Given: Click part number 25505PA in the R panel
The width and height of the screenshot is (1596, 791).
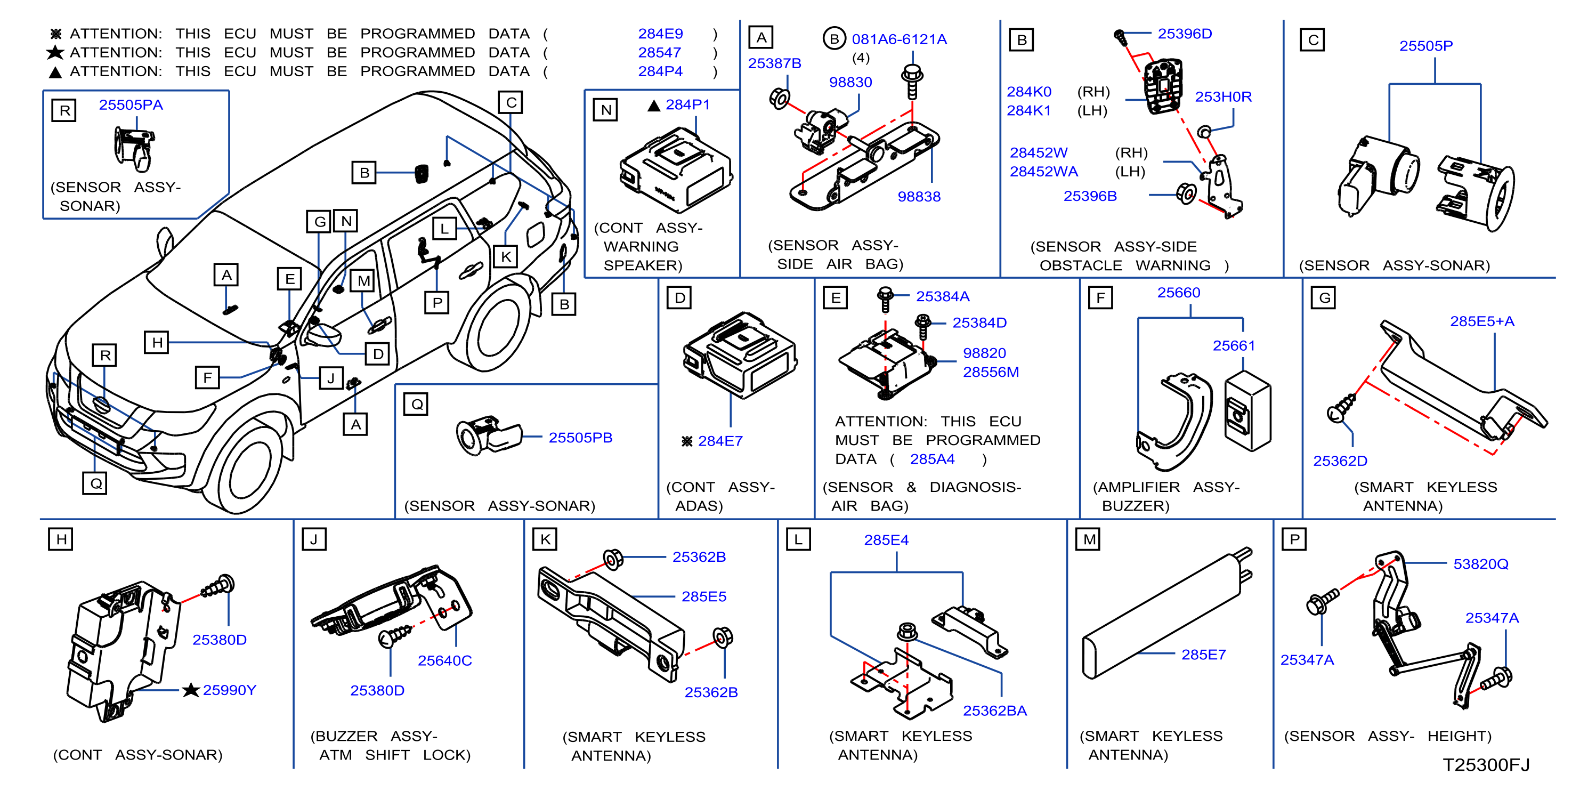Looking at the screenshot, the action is click(131, 105).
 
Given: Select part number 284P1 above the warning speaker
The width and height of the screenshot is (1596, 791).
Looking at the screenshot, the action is click(687, 105).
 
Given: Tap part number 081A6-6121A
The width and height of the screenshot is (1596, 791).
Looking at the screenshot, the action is click(899, 39).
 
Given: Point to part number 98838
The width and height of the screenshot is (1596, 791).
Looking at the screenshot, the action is click(919, 197).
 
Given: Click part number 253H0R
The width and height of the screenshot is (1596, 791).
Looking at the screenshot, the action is click(1223, 96).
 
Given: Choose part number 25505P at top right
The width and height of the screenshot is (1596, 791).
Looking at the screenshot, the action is click(1425, 46).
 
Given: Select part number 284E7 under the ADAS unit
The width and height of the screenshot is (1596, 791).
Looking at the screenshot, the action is click(720, 441).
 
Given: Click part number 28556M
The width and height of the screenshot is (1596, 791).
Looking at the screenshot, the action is click(991, 372).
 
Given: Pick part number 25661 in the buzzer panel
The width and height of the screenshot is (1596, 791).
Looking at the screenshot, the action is click(1234, 345).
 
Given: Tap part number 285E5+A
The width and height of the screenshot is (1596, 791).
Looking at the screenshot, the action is click(1482, 321).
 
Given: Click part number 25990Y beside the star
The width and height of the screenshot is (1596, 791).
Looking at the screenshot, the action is click(229, 690).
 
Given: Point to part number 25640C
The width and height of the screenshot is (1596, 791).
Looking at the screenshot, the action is click(444, 660).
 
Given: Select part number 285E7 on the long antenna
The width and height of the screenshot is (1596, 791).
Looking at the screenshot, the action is click(1203, 655).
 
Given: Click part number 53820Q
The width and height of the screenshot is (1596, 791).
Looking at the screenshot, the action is click(1481, 564).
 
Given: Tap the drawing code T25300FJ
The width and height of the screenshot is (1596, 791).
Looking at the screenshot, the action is click(1486, 765).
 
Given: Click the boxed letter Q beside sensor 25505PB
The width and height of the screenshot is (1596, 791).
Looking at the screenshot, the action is click(416, 404).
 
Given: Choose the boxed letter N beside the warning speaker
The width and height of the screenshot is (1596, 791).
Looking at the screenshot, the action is click(605, 110).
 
